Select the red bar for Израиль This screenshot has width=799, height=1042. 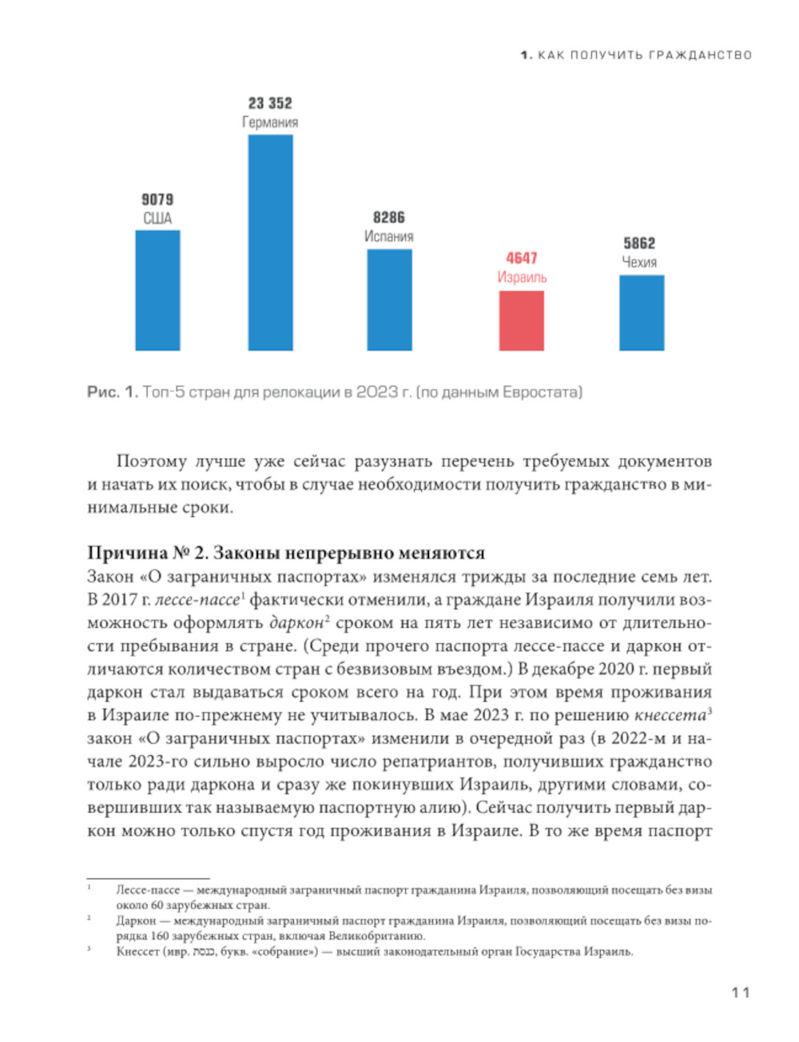point(521,320)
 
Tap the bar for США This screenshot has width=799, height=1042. point(157,290)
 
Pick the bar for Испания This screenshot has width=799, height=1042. point(389,300)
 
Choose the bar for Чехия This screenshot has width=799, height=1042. point(641,312)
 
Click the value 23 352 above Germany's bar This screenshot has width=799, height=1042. point(270,103)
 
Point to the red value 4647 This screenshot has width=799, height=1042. point(521,258)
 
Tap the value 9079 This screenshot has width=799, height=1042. point(157,200)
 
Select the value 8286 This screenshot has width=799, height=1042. point(389,217)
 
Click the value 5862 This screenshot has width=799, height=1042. point(639,243)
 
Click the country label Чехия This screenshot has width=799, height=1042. point(639,262)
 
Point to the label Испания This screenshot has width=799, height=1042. point(389,237)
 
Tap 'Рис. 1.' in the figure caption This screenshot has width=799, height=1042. point(112,392)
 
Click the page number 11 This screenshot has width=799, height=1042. point(741,992)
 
